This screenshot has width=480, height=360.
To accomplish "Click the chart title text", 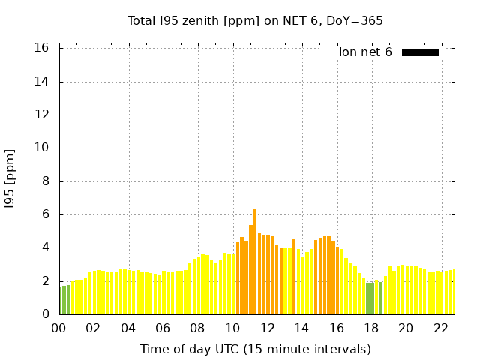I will click(x=255, y=20).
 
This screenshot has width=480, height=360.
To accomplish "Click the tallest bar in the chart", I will click(x=255, y=262).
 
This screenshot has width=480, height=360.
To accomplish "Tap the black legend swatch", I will click(x=420, y=52).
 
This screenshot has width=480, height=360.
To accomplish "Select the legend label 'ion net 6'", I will click(x=365, y=52).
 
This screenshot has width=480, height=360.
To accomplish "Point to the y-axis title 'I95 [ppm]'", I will click(x=10, y=178).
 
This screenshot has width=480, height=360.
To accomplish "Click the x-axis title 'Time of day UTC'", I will click(x=255, y=349).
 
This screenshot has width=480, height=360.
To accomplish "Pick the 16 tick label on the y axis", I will click(x=42, y=48).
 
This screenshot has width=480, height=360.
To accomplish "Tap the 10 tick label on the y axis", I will click(x=42, y=148).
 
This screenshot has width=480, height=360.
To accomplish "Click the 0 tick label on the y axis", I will click(x=46, y=314).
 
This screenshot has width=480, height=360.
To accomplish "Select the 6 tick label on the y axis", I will click(x=46, y=214).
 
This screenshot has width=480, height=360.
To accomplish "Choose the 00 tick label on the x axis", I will click(x=59, y=328).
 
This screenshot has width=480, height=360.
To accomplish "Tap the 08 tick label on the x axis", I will click(x=198, y=328).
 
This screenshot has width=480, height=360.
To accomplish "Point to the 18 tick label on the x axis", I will click(x=371, y=328).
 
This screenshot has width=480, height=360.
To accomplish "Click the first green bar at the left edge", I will click(x=61, y=300).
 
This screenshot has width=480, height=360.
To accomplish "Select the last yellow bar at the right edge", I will click(x=452, y=292).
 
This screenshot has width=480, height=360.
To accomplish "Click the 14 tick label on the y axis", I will click(x=42, y=82).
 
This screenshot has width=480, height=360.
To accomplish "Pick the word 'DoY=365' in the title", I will click(x=357, y=20).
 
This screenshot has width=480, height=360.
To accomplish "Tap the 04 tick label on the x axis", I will click(x=128, y=328).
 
